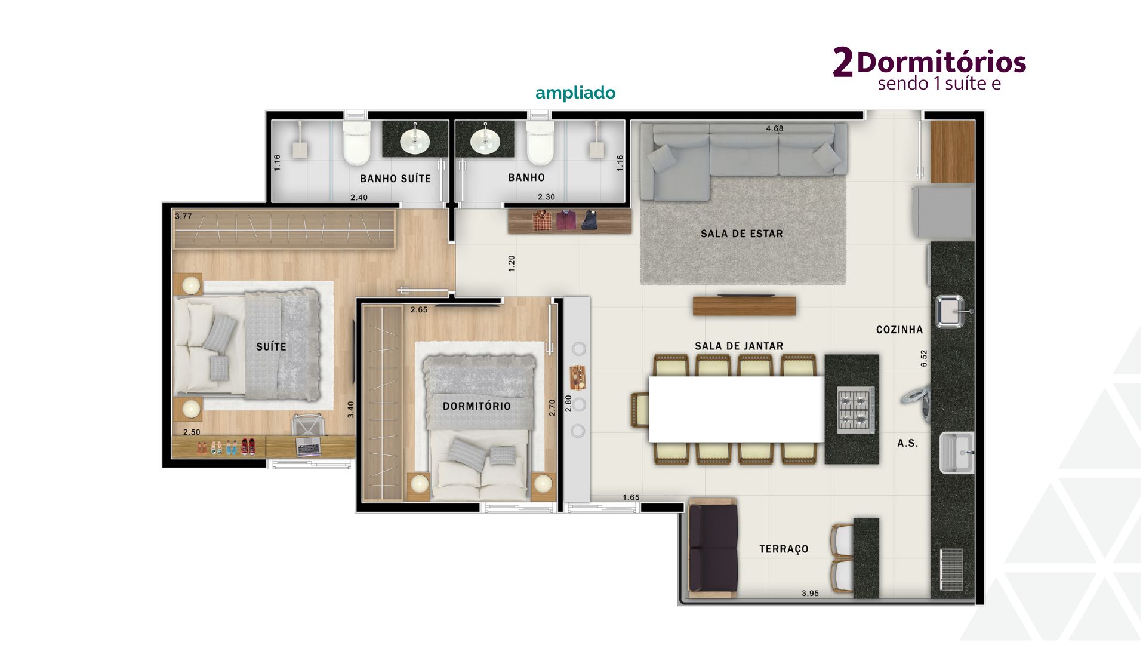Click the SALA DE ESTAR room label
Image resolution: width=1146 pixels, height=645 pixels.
741,234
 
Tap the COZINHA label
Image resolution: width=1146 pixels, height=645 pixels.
899,330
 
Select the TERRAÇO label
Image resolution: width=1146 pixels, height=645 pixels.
784,549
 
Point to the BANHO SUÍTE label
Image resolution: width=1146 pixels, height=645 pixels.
395,178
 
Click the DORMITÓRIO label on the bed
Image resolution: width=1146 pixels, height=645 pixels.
476,406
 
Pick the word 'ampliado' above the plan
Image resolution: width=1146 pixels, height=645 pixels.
575,93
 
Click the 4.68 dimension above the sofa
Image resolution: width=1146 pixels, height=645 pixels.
774,128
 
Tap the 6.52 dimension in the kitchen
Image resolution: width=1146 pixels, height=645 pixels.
924,358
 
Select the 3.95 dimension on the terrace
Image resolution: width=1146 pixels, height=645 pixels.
810,593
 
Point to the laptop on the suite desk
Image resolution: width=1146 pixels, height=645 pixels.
309,446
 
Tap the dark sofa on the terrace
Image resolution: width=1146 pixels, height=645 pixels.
712,548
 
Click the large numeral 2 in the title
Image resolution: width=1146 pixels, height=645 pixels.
842,62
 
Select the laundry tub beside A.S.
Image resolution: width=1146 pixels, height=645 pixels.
957,452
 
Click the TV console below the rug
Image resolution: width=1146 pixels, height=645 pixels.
744,306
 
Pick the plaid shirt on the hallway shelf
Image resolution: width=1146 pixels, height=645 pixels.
542,220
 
